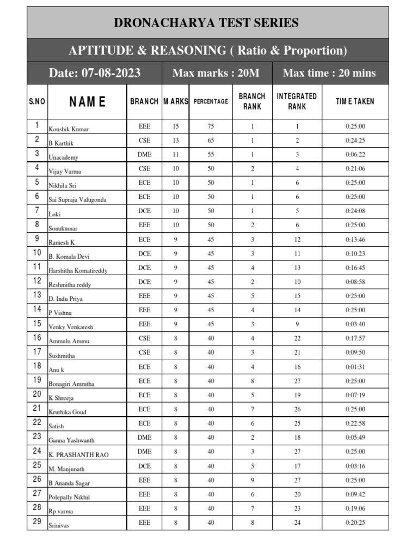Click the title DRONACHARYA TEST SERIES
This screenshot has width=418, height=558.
[206, 23]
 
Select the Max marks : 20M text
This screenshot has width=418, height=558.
[217, 73]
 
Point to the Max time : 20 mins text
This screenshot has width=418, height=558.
[329, 73]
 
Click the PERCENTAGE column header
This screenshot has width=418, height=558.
[211, 101]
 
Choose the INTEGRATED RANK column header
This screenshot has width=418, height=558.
[297, 101]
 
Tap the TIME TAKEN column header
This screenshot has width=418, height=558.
[355, 101]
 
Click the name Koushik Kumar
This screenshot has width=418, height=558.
[69, 129]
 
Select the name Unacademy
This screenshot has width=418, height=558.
[64, 157]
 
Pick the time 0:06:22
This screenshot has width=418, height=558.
[355, 155]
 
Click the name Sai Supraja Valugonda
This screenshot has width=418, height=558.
[78, 200]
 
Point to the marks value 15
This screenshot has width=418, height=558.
[175, 126]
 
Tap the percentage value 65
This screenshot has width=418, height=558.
[211, 141]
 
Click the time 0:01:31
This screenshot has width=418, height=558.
[355, 367]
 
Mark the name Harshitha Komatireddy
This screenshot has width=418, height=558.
[78, 270]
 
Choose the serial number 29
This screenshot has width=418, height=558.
[37, 521]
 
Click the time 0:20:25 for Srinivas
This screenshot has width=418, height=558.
[355, 523]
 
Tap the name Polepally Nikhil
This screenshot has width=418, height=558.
[69, 497]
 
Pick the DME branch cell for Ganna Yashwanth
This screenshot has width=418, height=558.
[144, 438]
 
